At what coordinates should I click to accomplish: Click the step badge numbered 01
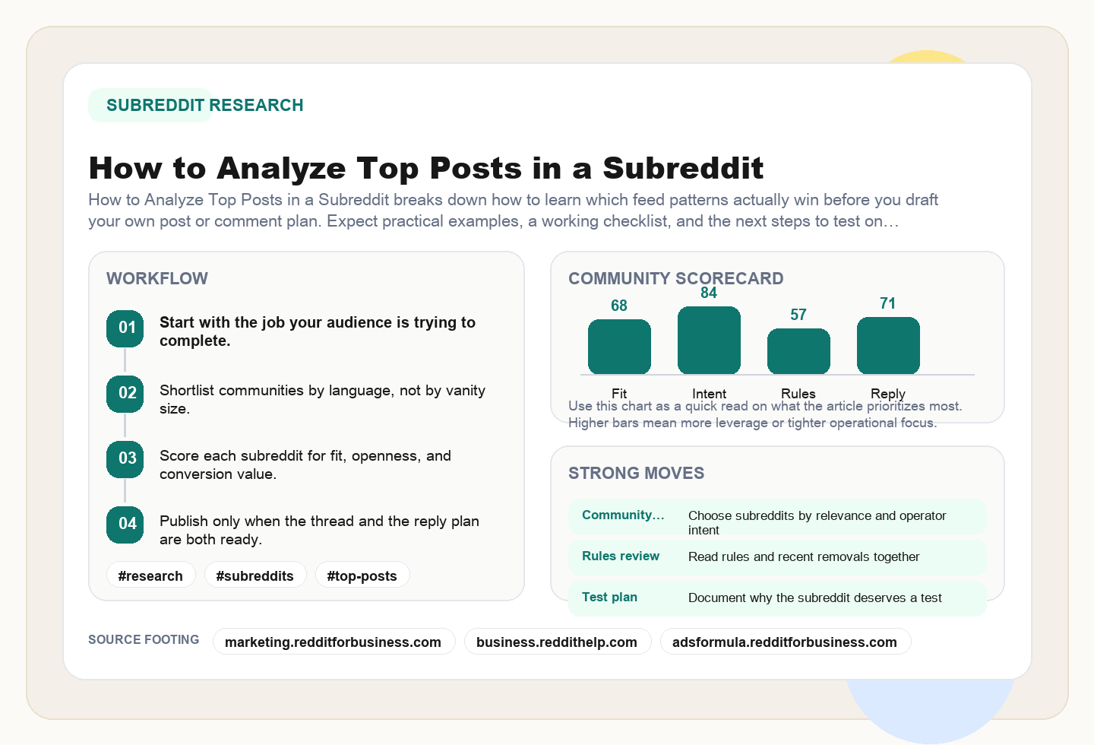click(x=125, y=328)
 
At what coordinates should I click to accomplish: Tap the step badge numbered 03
click(x=125, y=459)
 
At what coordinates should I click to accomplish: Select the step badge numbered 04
click(x=125, y=525)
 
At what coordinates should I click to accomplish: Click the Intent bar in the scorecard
click(x=709, y=341)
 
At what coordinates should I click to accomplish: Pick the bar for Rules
click(x=798, y=351)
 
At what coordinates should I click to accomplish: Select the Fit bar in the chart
click(x=619, y=347)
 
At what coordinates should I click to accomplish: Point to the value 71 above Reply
click(x=887, y=303)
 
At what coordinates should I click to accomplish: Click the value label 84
click(x=709, y=293)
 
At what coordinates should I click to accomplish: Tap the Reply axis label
click(x=887, y=393)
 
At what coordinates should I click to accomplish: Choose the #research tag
click(x=150, y=575)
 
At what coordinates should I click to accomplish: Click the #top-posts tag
click(x=362, y=575)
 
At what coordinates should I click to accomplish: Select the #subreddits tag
click(x=255, y=575)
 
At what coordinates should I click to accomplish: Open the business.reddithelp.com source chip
click(x=557, y=642)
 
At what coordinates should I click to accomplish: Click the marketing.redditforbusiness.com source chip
click(x=333, y=642)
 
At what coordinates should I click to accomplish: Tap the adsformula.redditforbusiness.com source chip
click(x=785, y=642)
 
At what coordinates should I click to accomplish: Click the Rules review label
click(x=621, y=556)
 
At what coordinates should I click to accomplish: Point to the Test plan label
click(x=609, y=597)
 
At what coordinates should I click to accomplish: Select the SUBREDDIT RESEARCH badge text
click(x=204, y=105)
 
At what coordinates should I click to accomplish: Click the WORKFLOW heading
click(x=157, y=278)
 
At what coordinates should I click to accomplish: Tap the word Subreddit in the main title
click(x=683, y=168)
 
